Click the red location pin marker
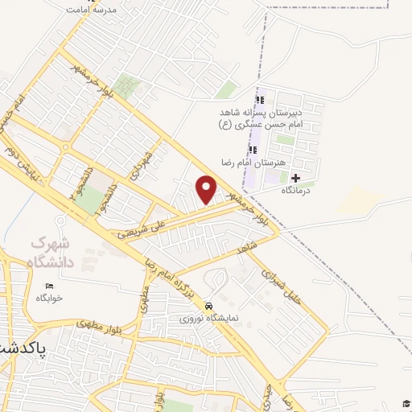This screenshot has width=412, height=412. (x=207, y=190)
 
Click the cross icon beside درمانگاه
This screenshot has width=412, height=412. (x=296, y=177)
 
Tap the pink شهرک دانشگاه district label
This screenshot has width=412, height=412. (x=51, y=252)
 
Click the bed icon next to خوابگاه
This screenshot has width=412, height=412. (x=49, y=286)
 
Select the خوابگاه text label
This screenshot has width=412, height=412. (x=49, y=298)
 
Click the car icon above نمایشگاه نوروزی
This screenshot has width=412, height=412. (x=208, y=306)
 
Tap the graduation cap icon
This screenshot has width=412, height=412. (x=406, y=403)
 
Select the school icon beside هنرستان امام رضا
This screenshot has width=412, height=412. (x=253, y=150)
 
